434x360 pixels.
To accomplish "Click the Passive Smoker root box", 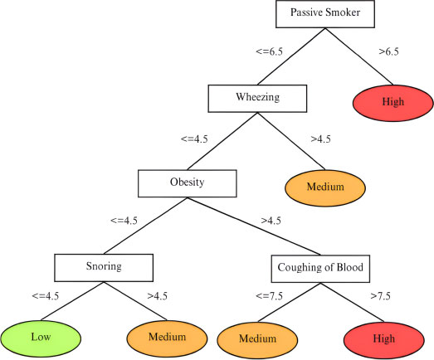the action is click(x=325, y=14).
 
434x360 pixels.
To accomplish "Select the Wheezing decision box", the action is click(x=257, y=99).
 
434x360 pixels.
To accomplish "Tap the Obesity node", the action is click(x=188, y=183).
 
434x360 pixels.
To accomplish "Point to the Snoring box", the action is click(x=104, y=268).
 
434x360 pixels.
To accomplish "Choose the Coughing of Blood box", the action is click(x=320, y=269).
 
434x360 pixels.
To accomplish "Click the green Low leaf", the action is click(x=41, y=338).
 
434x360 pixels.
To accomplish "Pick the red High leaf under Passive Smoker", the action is click(x=393, y=103).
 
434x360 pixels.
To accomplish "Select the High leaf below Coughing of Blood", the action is click(x=384, y=340).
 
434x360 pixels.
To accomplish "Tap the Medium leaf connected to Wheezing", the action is click(x=325, y=188).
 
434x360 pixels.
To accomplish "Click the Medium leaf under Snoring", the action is click(x=167, y=338).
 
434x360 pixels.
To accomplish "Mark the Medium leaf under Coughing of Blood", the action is click(x=257, y=340).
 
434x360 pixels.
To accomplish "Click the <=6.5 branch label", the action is click(x=270, y=51).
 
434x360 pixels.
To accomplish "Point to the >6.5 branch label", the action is click(x=389, y=51).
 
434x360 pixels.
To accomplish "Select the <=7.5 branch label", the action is click(x=270, y=296).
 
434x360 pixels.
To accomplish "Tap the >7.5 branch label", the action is click(x=381, y=296).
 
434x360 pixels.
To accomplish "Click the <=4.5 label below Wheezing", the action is click(x=194, y=139).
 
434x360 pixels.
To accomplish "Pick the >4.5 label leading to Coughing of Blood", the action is click(x=271, y=221).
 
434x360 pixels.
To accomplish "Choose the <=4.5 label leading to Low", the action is click(x=46, y=296).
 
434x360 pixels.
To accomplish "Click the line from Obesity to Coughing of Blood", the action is click(x=254, y=226).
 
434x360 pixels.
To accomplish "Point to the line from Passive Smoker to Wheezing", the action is click(x=291, y=56).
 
